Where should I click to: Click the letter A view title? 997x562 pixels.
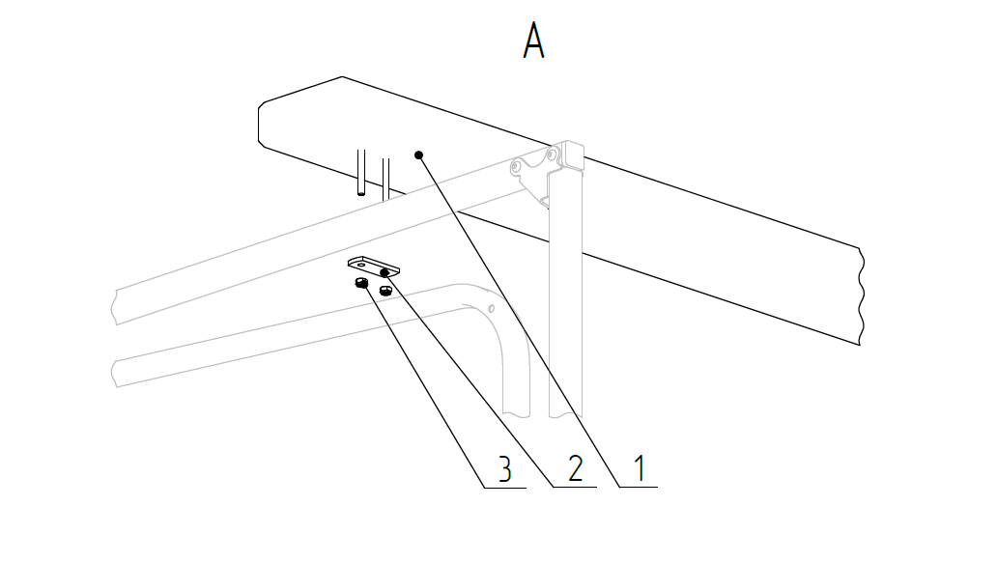click(x=534, y=42)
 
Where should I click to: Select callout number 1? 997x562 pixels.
click(x=639, y=468)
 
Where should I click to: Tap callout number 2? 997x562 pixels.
click(x=575, y=468)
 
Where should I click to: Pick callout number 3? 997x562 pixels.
click(x=504, y=469)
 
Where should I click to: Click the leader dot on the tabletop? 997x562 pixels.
click(x=418, y=155)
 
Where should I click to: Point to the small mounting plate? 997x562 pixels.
click(x=375, y=265)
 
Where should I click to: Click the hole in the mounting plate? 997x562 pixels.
click(x=360, y=261)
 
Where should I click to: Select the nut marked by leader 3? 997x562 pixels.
click(x=360, y=283)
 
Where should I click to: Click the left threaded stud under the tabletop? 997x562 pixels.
click(x=360, y=174)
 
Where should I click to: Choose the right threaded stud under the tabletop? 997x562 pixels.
click(x=385, y=177)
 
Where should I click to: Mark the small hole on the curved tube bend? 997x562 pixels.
click(x=492, y=308)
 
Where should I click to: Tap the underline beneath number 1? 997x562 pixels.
click(x=639, y=489)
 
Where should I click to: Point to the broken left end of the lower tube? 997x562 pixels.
click(x=116, y=372)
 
